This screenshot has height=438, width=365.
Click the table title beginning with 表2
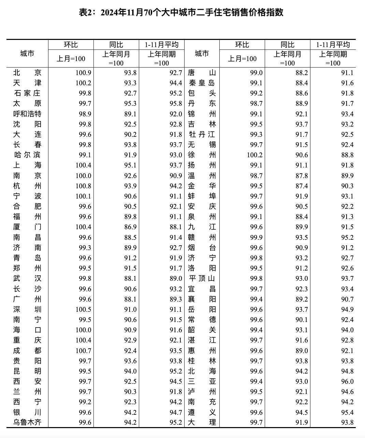[x=181, y=13]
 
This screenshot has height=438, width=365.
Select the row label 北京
[x=27, y=73]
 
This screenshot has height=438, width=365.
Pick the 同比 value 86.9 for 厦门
[x=130, y=227]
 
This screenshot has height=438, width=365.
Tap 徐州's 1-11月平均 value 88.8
[x=347, y=155]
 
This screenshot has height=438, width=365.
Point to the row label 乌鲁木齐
[x=27, y=422]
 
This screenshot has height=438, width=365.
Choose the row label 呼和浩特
[x=27, y=114]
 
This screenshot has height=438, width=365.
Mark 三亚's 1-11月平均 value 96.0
[x=347, y=381]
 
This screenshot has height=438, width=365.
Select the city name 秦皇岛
[x=202, y=83]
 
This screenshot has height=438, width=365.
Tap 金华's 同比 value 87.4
[x=301, y=186]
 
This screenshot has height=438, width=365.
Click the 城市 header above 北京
[x=27, y=54]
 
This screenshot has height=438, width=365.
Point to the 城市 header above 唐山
[x=202, y=54]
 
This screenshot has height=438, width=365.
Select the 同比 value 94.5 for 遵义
[x=301, y=412]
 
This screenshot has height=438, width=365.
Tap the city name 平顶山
[x=202, y=279]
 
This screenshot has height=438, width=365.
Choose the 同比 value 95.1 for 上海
[x=130, y=165]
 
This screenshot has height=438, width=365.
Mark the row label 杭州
[x=27, y=186]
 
